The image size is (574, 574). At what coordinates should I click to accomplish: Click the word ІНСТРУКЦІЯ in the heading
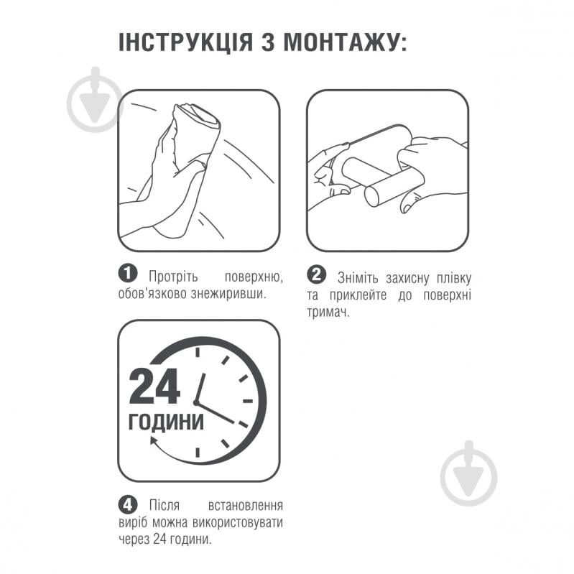click(186, 42)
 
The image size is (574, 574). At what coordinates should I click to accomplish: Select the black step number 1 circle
click(128, 274)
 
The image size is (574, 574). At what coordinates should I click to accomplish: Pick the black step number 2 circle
click(317, 275)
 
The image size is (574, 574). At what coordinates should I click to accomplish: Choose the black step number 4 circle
click(128, 505)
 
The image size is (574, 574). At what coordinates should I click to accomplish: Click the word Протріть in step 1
click(173, 277)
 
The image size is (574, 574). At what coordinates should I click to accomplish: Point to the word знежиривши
click(228, 294)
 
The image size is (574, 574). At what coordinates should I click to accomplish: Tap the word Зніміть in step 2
click(358, 279)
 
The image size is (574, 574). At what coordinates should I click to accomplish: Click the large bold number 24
click(155, 386)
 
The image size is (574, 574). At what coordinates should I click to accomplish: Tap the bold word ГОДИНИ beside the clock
click(166, 422)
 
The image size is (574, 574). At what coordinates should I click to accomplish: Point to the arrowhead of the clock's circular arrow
click(154, 440)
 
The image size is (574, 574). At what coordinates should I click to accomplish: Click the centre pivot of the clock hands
click(196, 403)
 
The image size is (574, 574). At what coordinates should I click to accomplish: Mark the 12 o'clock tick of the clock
click(198, 352)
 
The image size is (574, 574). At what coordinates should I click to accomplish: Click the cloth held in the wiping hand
click(196, 134)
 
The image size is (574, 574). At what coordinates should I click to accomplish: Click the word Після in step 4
click(165, 505)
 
